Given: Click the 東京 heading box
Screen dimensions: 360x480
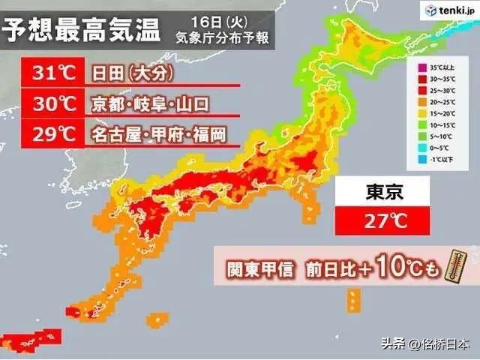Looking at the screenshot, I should (x=382, y=192).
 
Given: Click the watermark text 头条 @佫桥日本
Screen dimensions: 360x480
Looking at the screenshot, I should (x=424, y=343).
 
